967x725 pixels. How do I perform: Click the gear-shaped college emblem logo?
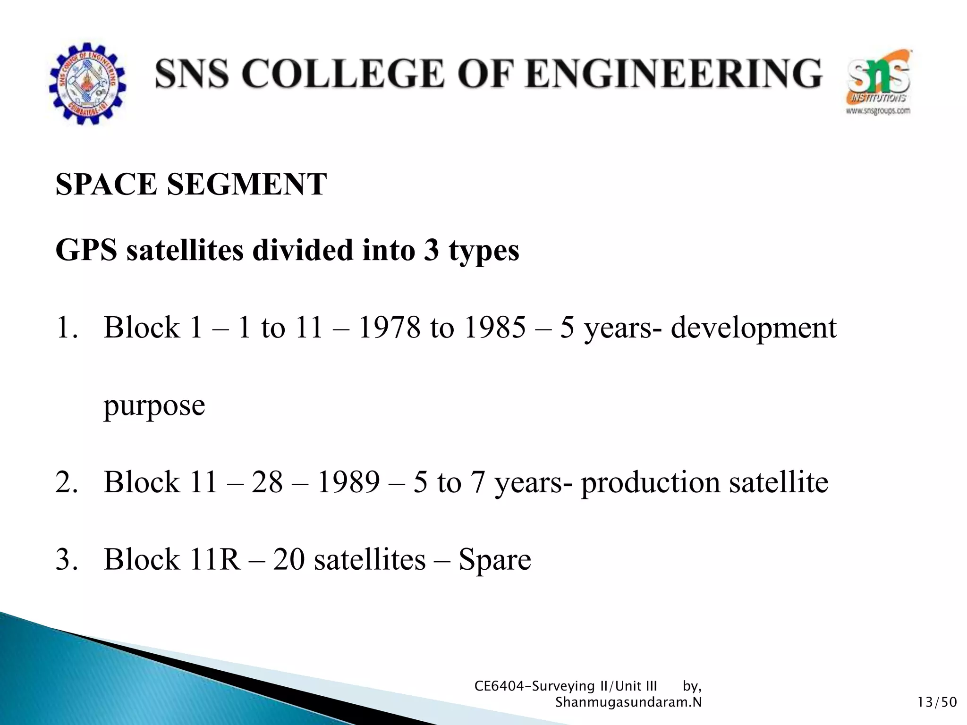pyautogui.click(x=87, y=84)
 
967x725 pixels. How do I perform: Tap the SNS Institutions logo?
pyautogui.click(x=878, y=78)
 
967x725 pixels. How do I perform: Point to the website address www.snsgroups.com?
pyautogui.click(x=878, y=111)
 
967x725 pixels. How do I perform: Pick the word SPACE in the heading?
pyautogui.click(x=106, y=184)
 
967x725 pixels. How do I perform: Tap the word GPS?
pyautogui.click(x=86, y=250)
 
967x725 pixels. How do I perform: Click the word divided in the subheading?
pyautogui.click(x=303, y=250)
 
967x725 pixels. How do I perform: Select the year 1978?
pyautogui.click(x=389, y=328)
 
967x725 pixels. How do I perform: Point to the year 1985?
pyautogui.click(x=494, y=328)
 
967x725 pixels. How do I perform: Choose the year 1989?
pyautogui.click(x=348, y=482)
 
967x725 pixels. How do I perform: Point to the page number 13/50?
pyautogui.click(x=937, y=702)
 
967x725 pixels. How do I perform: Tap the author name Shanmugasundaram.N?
pyautogui.click(x=628, y=702)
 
